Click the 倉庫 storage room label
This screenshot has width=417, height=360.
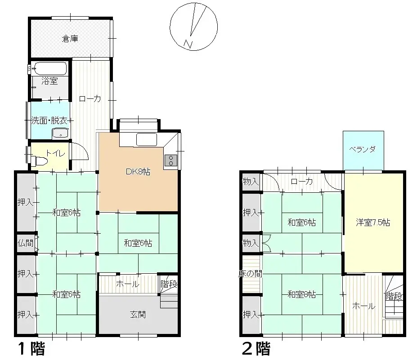point(70,39)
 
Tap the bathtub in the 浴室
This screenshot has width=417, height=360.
point(50,69)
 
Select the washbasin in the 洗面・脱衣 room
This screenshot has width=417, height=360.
point(60,133)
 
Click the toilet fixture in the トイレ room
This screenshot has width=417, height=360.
point(40,161)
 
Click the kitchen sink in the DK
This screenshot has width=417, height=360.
point(146,140)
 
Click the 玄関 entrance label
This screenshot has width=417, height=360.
point(139,315)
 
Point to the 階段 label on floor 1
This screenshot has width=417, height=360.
point(169,284)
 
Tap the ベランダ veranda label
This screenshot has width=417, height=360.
point(363,150)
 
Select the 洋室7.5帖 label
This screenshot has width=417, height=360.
point(373,222)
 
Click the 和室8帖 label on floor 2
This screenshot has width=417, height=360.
point(301,295)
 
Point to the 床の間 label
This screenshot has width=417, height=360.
point(250,274)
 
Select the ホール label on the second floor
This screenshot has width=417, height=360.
point(363,306)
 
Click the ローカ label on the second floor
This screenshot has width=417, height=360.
point(301,182)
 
